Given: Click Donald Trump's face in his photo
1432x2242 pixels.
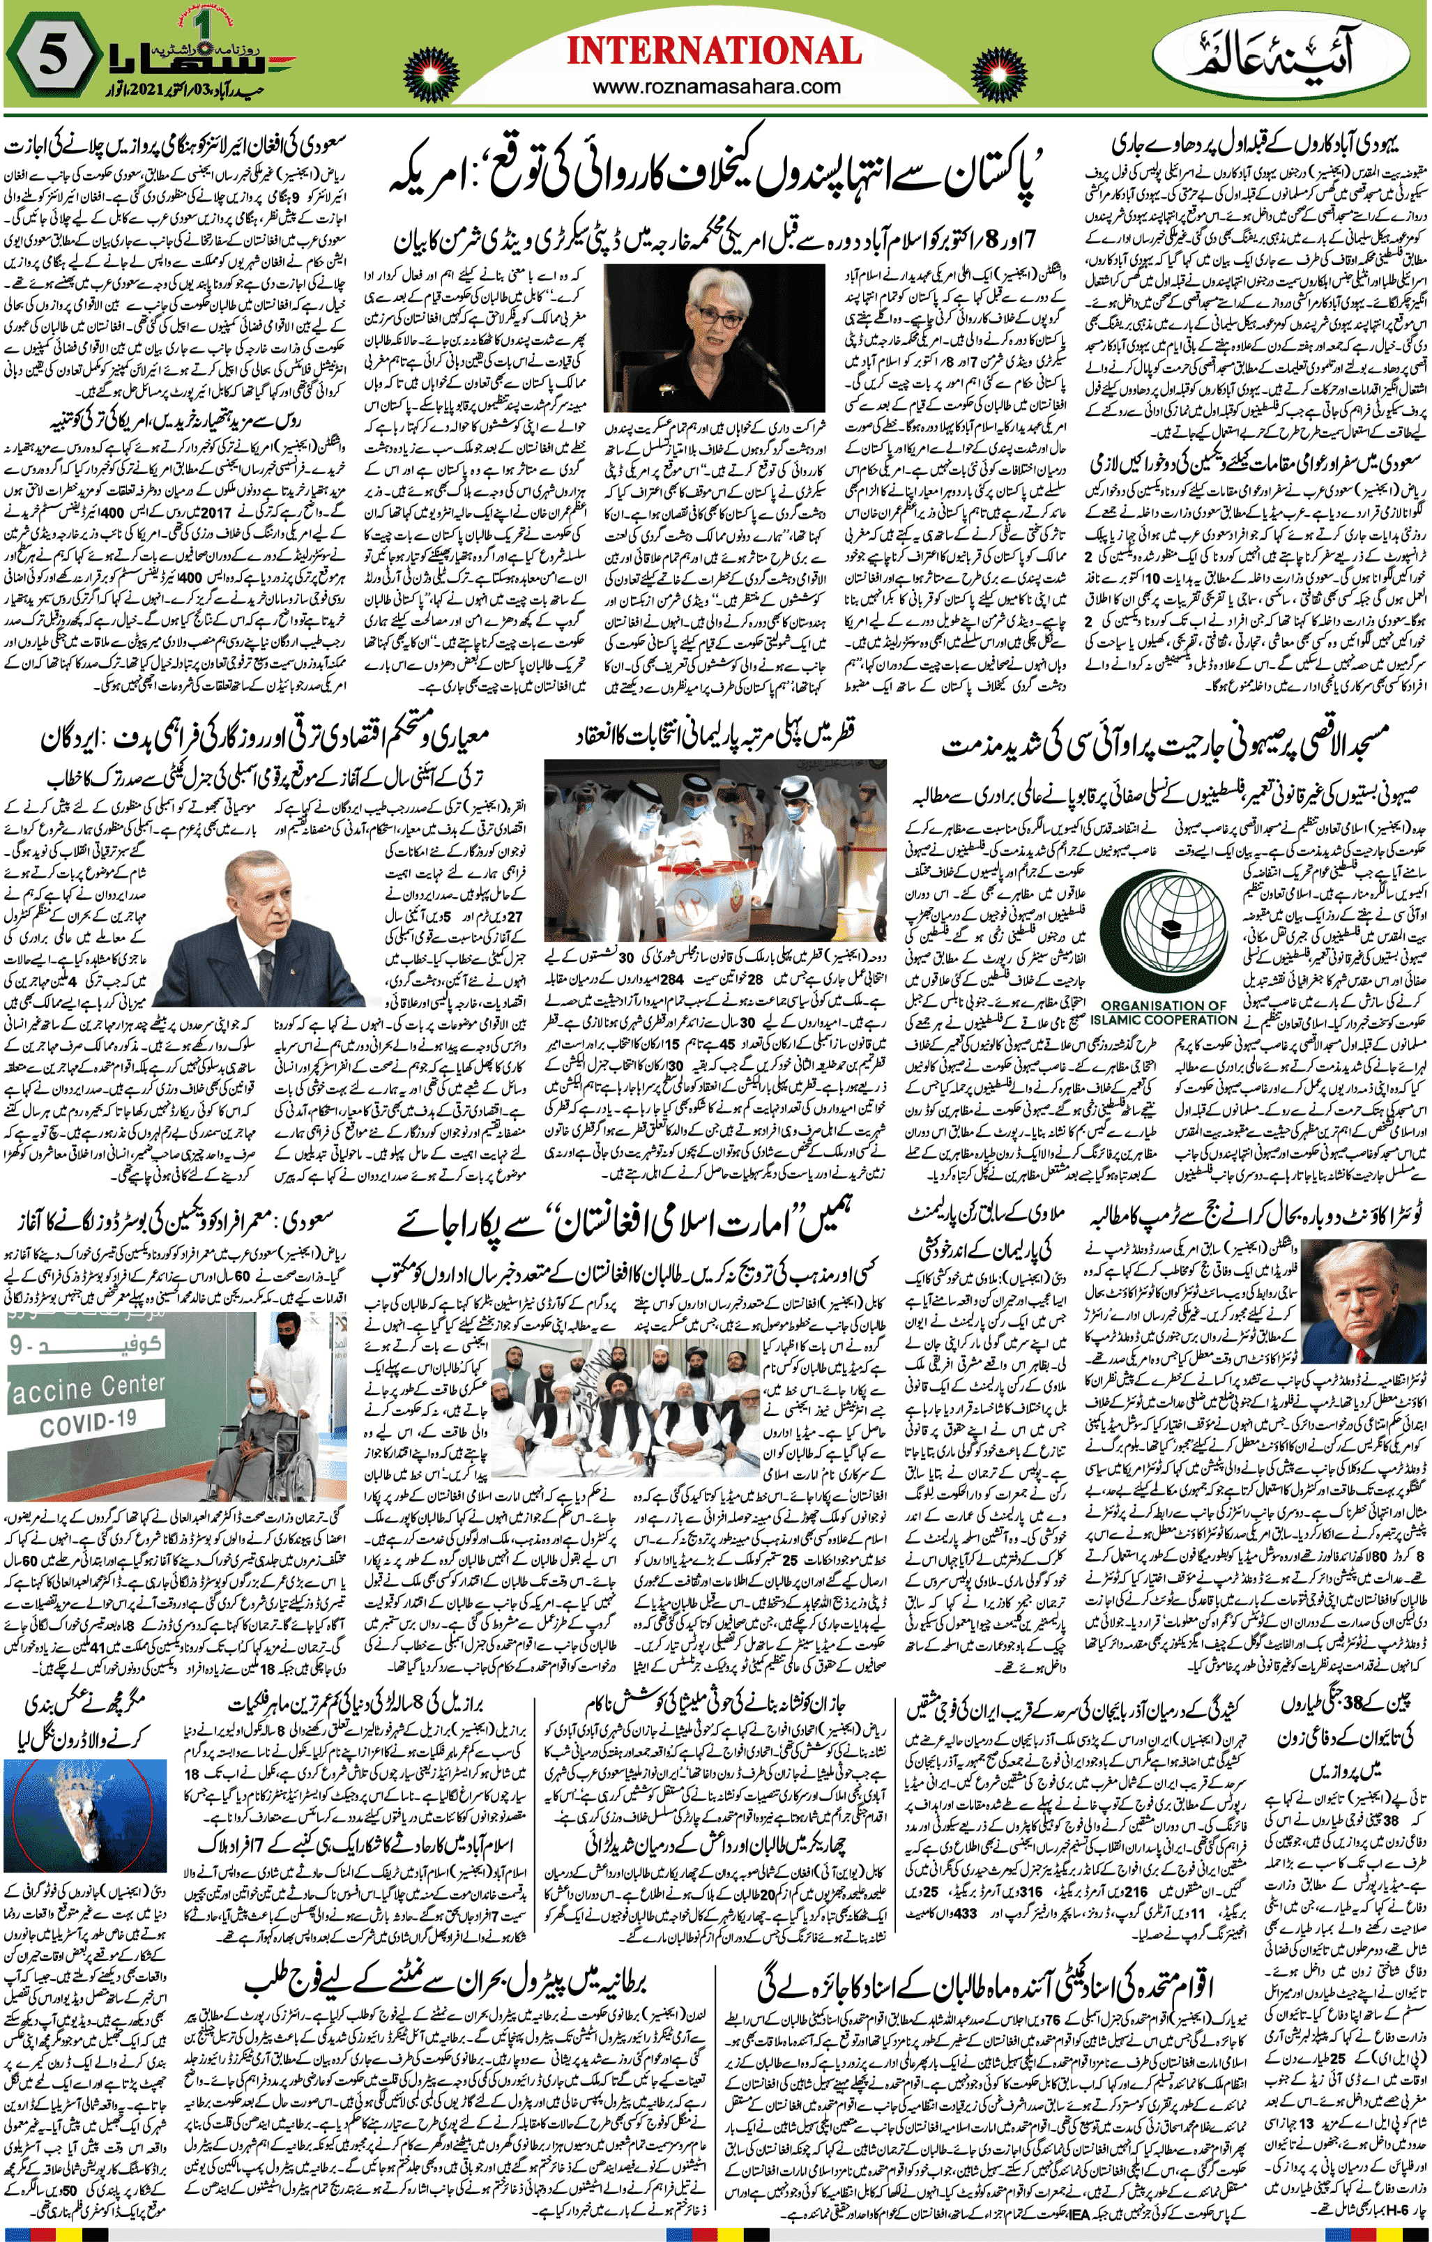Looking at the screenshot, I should tap(1373, 1287).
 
